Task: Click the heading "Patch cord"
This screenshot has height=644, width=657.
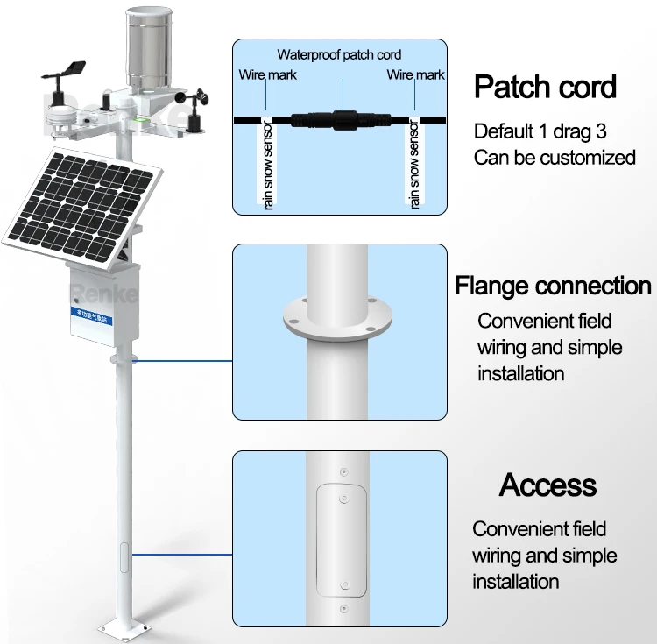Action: pos(545,88)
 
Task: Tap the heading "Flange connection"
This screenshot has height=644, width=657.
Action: pos(553,287)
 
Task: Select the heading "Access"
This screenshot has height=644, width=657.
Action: pos(547,485)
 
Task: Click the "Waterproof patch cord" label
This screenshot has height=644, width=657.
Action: pos(339,54)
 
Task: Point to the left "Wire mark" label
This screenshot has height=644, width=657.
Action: pos(267,75)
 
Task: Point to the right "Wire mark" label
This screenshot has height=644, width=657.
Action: pos(415,75)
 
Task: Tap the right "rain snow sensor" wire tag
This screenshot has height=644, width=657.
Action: pos(415,166)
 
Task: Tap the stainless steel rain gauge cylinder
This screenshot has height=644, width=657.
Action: pos(149,48)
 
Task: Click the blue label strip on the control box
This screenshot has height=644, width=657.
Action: pos(102,311)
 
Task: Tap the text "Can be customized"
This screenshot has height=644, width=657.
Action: pos(554,158)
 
